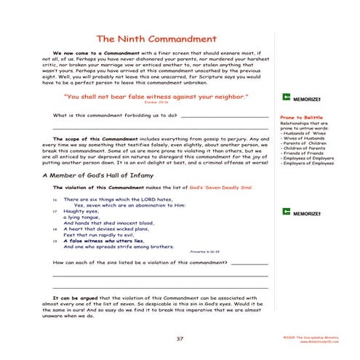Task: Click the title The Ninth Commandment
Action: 156,39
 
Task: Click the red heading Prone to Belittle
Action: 298,117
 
